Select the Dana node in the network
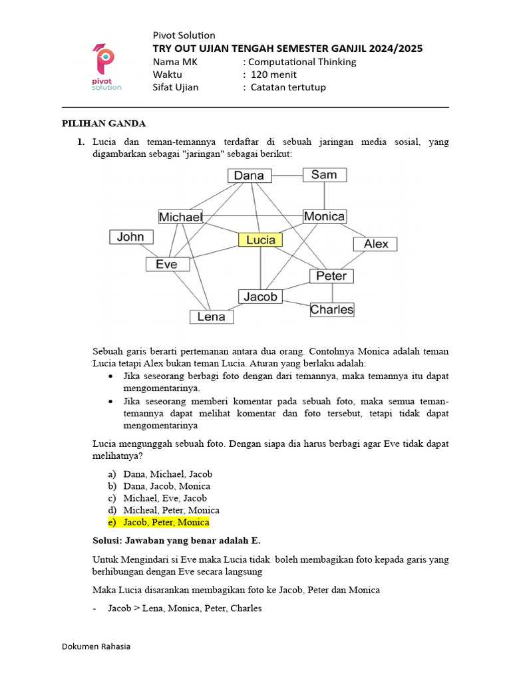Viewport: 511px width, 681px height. pyautogui.click(x=250, y=176)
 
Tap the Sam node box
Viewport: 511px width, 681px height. pyautogui.click(x=324, y=175)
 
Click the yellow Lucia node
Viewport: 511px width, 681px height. pyautogui.click(x=260, y=240)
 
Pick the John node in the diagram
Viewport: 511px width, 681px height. pyautogui.click(x=131, y=237)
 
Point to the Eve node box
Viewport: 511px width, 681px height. pyautogui.click(x=167, y=264)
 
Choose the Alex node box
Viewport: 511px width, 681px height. pyautogui.click(x=375, y=244)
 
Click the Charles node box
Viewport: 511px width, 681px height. pyautogui.click(x=331, y=309)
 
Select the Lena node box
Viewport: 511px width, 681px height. pyautogui.click(x=212, y=317)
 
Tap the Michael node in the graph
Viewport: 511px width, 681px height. pyautogui.click(x=180, y=217)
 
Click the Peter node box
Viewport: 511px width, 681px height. pyautogui.click(x=331, y=275)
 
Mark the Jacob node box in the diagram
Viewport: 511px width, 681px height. pyautogui.click(x=260, y=297)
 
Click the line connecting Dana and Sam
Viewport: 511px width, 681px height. pyautogui.click(x=287, y=176)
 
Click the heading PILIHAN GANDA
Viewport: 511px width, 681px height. pyautogui.click(x=104, y=124)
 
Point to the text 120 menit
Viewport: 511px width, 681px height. pyautogui.click(x=273, y=74)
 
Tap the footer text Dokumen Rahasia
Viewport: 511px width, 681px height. pyautogui.click(x=96, y=646)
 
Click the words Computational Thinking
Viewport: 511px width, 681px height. pyautogui.click(x=303, y=62)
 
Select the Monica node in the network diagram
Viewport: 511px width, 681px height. pyautogui.click(x=324, y=216)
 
